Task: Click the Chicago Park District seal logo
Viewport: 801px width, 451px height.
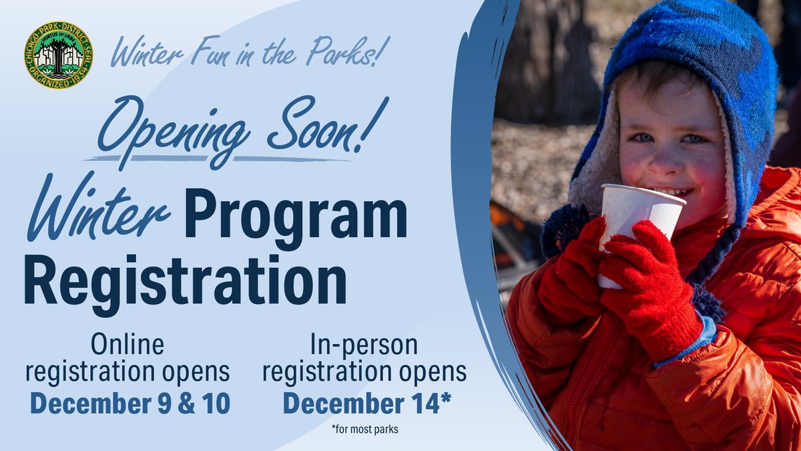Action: click(x=59, y=55)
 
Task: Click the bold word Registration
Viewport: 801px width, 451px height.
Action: click(x=186, y=280)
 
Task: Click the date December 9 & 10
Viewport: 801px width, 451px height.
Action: click(x=130, y=404)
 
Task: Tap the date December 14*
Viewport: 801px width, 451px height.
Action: click(x=367, y=404)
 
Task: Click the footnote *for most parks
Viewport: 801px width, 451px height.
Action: click(x=364, y=429)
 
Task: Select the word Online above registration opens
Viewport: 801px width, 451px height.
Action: click(x=127, y=344)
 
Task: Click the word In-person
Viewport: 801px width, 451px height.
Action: click(x=364, y=345)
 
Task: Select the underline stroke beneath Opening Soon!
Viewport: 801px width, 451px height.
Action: click(x=218, y=158)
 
